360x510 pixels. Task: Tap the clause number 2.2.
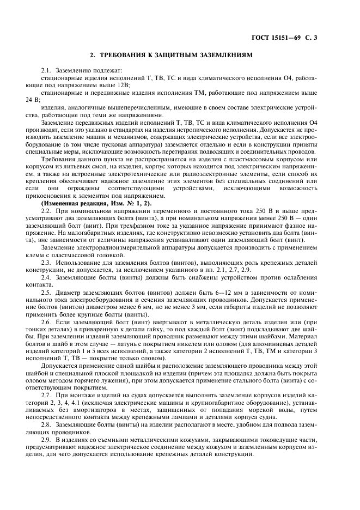(x=46, y=210)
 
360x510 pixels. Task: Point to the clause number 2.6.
(x=46, y=323)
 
